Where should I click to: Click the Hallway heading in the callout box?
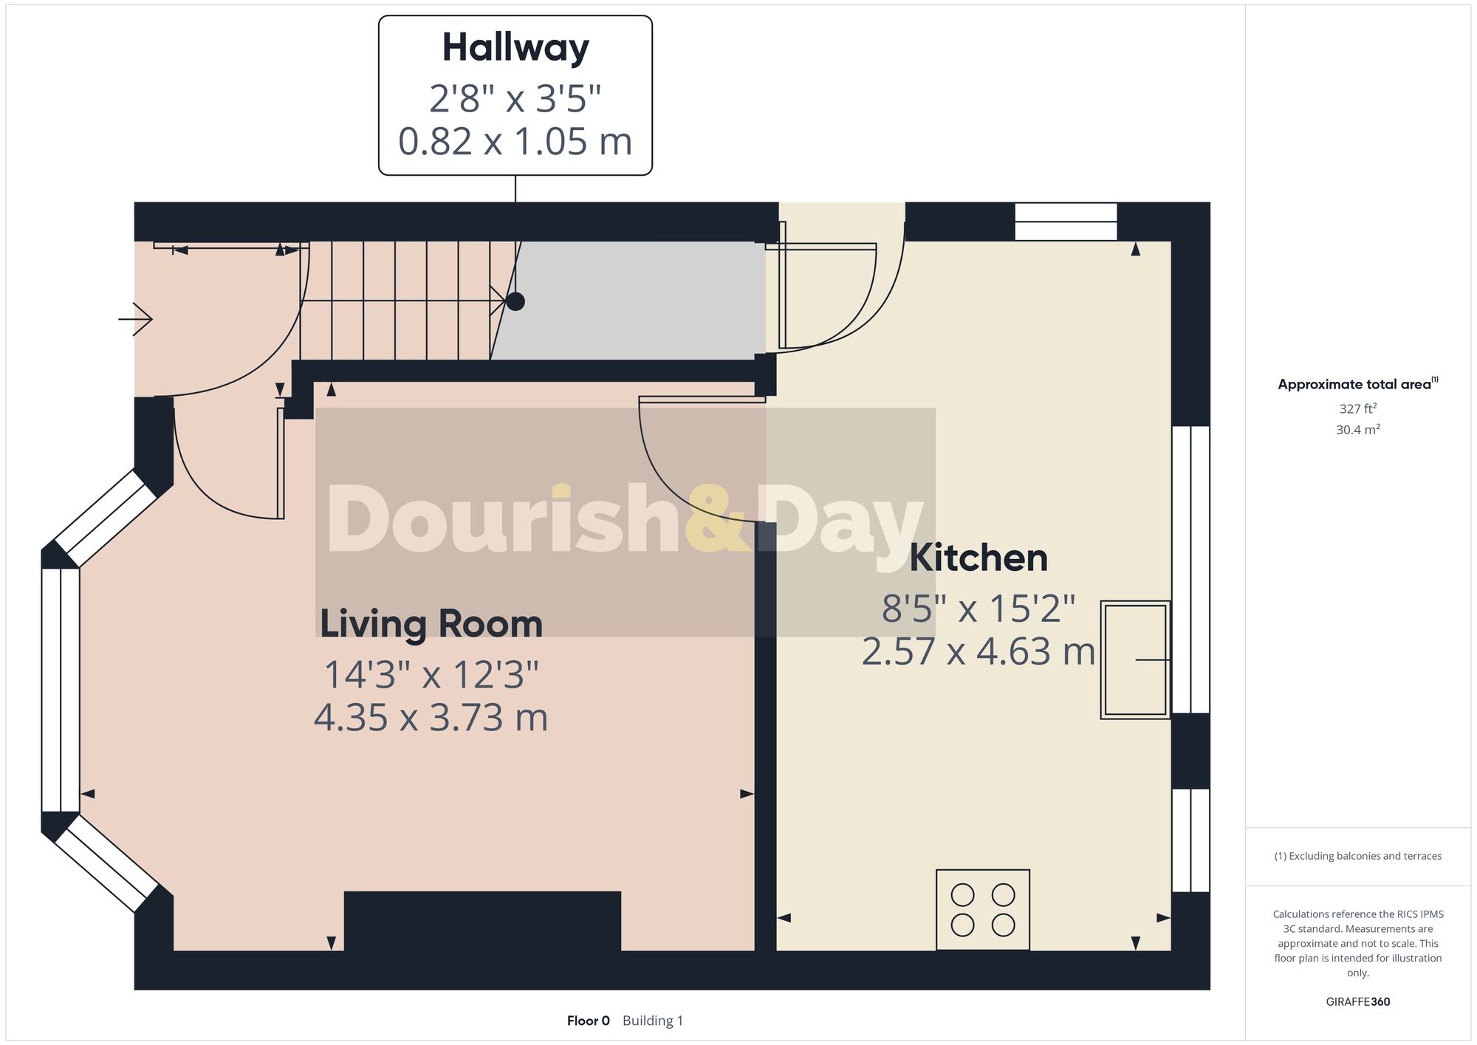[x=515, y=49]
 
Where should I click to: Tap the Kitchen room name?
[x=979, y=558]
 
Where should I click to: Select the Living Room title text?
[x=431, y=624]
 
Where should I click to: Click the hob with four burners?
[x=982, y=909]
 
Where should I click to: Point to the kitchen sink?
[x=1135, y=659]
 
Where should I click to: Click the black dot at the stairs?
[x=515, y=301]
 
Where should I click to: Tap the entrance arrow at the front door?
[x=136, y=319]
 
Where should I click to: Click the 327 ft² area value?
[x=1357, y=408]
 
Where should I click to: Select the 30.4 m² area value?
[x=1357, y=429]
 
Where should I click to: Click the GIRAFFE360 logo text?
[x=1357, y=1001]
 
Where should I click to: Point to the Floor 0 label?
[x=588, y=1021]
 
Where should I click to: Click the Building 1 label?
[x=653, y=1021]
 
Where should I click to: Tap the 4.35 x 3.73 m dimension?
[x=431, y=718]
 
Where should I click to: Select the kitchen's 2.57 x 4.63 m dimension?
[x=979, y=652]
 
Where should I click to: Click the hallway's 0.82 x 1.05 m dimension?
[x=515, y=142]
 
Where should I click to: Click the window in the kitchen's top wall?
[x=1066, y=222]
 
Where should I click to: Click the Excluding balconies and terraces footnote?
[x=1357, y=856]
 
